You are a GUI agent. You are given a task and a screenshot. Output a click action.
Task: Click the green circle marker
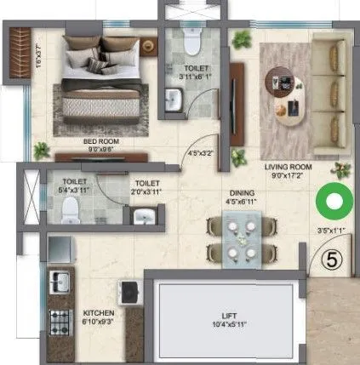click(x=334, y=204)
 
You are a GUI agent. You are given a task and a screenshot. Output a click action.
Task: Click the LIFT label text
click(x=224, y=315)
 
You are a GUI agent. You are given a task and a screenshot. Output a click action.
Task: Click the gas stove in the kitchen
click(x=61, y=320)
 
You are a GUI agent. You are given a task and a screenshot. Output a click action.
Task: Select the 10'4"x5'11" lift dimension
click(x=224, y=324)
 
